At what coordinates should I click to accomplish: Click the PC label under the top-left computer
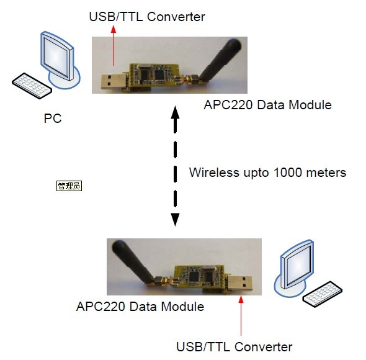53,118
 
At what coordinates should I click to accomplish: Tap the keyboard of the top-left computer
32,86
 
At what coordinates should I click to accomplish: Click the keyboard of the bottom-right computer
323,294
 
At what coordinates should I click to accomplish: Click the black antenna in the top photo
221,60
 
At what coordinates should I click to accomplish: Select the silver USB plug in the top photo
112,81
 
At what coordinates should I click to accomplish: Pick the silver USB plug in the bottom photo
241,282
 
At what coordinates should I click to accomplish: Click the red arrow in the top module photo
113,45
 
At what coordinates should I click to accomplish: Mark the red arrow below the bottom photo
241,315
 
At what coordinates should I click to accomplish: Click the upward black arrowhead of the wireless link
176,112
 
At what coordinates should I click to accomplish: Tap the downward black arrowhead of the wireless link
176,220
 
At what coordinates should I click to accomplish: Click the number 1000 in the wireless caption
288,173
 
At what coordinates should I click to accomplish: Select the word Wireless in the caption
214,173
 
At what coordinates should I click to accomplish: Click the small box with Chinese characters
69,186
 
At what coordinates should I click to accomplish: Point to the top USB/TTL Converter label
147,17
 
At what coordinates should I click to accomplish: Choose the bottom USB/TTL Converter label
234,347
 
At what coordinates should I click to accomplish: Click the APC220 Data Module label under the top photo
268,105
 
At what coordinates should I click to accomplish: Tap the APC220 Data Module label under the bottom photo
140,307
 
